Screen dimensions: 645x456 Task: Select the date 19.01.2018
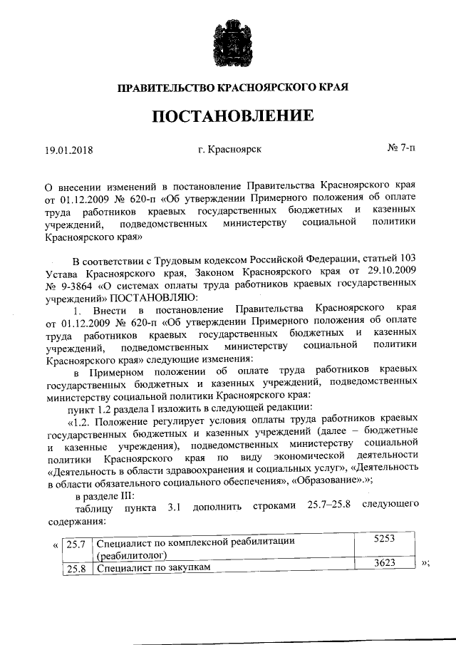tap(69, 150)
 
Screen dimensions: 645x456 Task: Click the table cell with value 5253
tap(384, 540)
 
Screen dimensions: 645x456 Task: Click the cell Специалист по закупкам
tap(152, 568)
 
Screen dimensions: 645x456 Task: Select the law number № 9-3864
tap(76, 285)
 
